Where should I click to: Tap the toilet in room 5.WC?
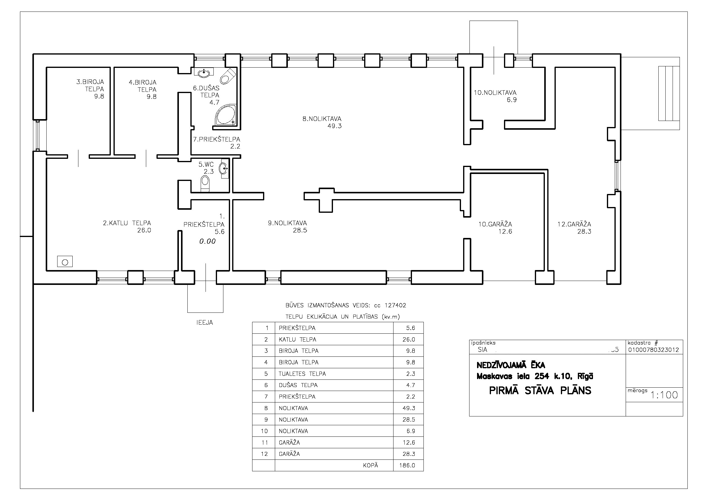pos(205,183)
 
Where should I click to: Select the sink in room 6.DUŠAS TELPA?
pos(203,72)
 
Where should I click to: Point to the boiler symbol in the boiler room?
pos(65,262)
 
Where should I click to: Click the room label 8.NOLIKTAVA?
pos(322,119)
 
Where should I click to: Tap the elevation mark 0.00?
pos(208,241)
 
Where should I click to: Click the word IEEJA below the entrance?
pos(205,322)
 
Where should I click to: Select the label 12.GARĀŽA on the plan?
pos(574,224)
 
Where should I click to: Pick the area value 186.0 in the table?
pos(407,465)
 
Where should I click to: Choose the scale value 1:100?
pos(664,395)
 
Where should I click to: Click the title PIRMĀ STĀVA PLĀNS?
pos(540,391)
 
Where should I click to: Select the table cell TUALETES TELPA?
pos(302,374)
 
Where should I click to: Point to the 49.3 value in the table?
pos(409,408)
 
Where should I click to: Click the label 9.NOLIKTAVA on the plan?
pos(287,223)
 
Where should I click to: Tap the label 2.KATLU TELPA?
pos(127,223)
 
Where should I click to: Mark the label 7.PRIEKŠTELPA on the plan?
pos(216,139)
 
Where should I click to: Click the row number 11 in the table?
pos(265,442)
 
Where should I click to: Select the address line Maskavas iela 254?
pos(513,377)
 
